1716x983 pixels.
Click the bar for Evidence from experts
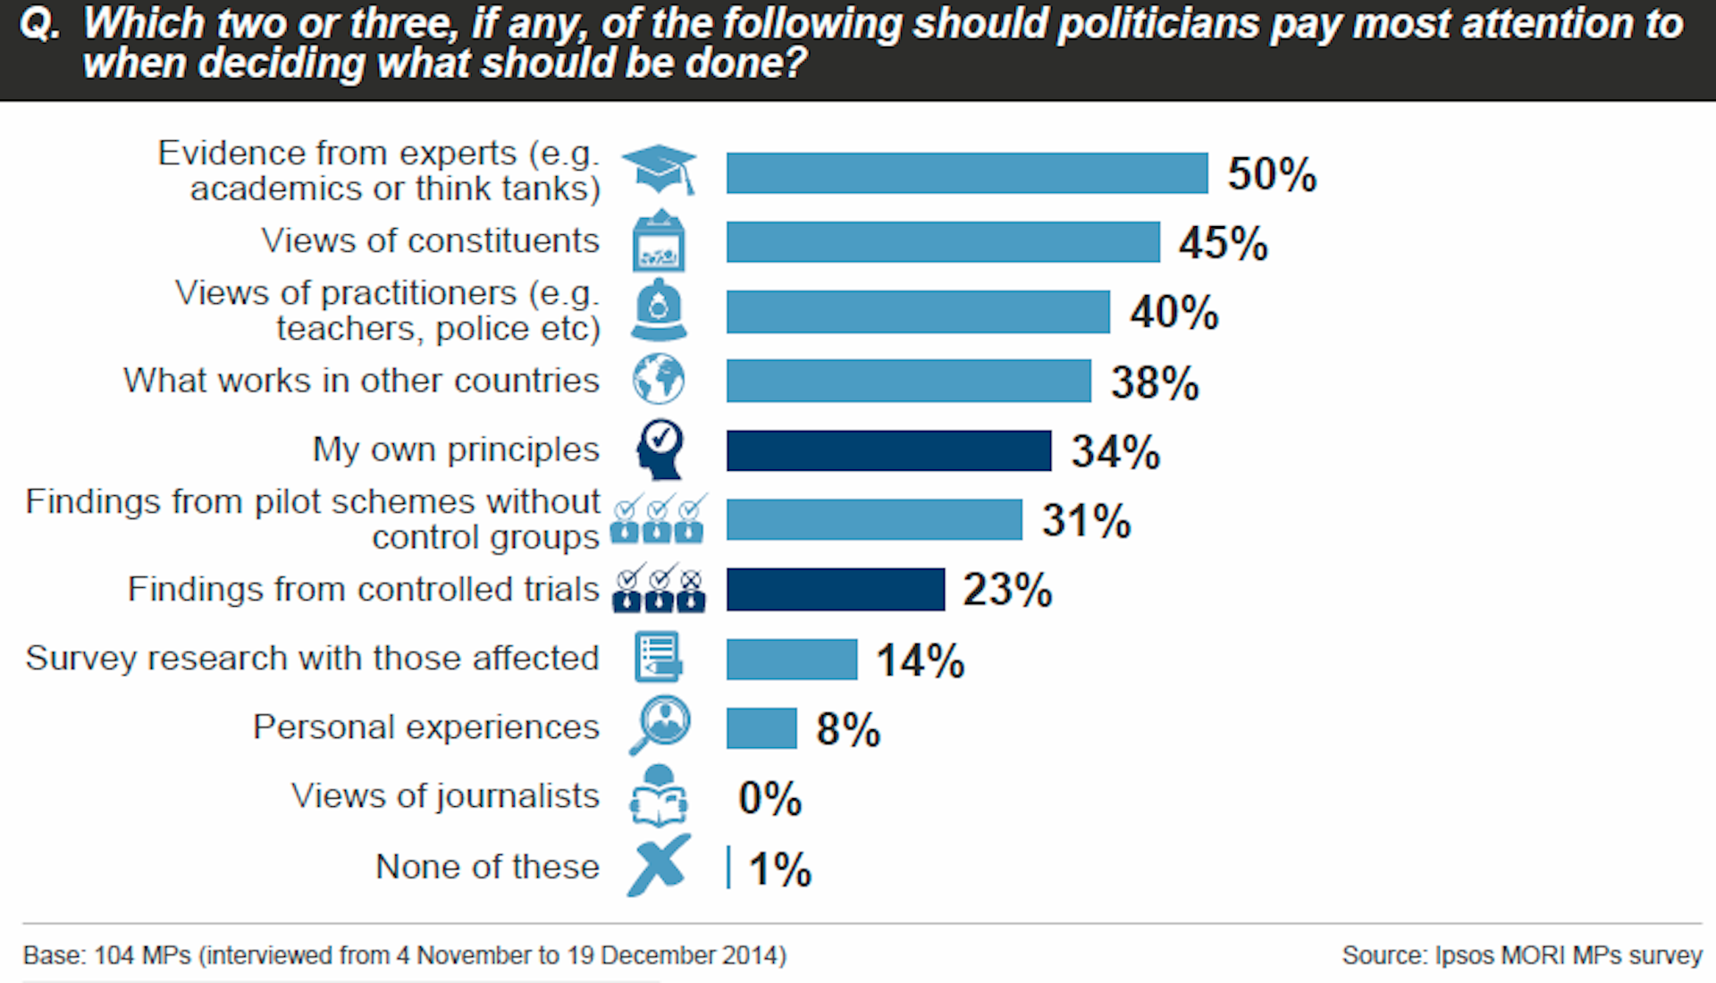click(966, 172)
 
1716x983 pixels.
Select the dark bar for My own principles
click(888, 450)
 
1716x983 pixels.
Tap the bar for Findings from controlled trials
click(835, 589)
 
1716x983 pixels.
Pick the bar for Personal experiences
click(761, 728)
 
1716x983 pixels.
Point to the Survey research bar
click(791, 660)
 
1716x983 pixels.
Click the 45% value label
click(1223, 243)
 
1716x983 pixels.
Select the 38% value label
click(1155, 382)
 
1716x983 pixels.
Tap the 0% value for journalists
click(770, 798)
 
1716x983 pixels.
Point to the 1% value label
click(779, 869)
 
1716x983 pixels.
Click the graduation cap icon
click(660, 169)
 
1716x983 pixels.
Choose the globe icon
click(659, 379)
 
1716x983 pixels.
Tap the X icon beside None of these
click(659, 865)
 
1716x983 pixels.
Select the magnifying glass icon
click(660, 725)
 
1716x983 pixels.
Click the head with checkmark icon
click(660, 449)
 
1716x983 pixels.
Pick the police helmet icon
click(659, 310)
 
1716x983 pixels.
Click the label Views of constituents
click(430, 241)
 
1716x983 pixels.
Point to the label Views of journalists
click(445, 796)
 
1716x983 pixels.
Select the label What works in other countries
click(361, 381)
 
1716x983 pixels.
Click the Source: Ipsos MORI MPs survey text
click(1521, 955)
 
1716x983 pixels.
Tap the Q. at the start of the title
click(39, 24)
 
